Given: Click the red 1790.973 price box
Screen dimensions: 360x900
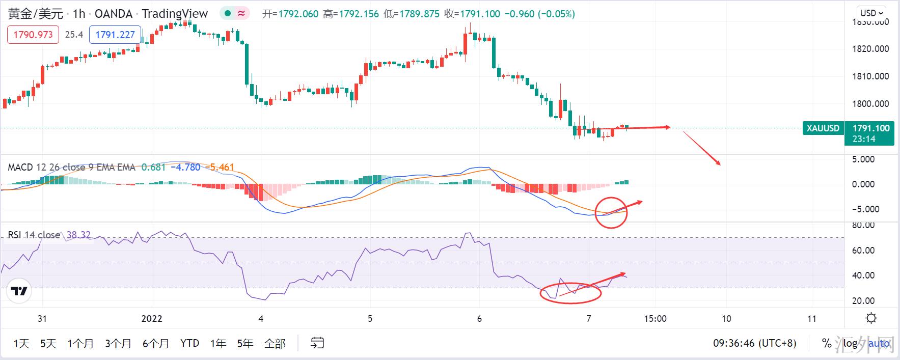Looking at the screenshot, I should [33, 35].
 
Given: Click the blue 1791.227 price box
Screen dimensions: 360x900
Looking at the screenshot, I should [115, 35].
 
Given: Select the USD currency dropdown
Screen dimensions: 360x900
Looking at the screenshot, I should [872, 13].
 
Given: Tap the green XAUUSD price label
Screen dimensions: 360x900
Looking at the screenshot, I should [823, 128].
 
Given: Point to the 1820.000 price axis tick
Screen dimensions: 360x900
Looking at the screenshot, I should [870, 49].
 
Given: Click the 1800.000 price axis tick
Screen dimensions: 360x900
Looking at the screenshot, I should [870, 104].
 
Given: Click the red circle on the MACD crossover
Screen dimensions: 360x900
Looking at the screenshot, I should [611, 212].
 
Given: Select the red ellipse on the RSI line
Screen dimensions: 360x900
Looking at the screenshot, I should [571, 293].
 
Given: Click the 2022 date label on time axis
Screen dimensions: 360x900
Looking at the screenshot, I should [152, 319].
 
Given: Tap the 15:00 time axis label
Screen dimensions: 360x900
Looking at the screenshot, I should [655, 319].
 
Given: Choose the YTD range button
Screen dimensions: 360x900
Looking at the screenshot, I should [189, 344].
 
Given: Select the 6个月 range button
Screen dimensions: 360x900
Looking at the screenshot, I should [155, 344].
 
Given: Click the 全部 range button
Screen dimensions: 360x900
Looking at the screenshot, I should [275, 344].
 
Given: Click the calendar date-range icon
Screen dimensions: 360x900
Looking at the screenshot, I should [317, 343].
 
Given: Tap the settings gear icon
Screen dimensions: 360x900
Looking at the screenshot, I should [871, 318].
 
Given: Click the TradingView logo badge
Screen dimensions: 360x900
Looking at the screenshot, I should [19, 291].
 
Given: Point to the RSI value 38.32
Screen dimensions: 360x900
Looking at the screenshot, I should [79, 235].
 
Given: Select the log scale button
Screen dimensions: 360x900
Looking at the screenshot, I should [850, 344].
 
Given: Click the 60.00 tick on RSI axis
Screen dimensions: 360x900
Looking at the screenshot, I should [863, 251].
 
